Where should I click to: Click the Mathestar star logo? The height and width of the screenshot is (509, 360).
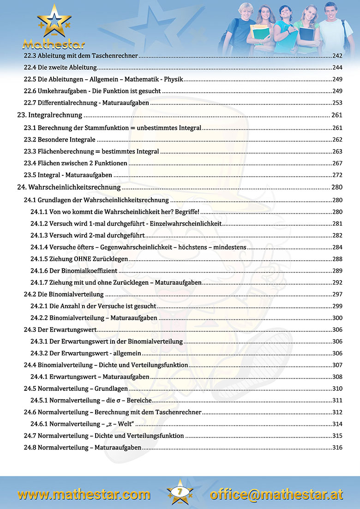pos(54,22)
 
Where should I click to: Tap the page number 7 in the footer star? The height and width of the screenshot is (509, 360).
pos(180,491)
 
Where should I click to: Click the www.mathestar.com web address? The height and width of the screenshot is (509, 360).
pos(84,495)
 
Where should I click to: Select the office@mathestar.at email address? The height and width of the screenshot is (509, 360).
pos(276,495)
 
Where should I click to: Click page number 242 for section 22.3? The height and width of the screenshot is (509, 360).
pos(337,56)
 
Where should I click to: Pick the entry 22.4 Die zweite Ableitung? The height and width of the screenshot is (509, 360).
pos(60,68)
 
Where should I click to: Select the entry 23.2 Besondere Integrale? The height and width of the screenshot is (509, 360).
pos(60,139)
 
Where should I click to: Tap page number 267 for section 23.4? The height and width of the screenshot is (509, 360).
pos(337,163)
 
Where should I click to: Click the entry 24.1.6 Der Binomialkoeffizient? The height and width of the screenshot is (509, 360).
pos(74,271)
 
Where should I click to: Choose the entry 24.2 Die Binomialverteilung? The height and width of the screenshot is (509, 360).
pos(64,294)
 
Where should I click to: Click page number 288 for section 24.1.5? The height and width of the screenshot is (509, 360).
pos(337,259)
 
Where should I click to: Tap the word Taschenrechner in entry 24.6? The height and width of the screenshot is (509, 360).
pos(179,412)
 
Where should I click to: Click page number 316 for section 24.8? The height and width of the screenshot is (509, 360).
pos(337,448)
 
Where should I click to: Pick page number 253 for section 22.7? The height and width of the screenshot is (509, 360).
pos(337,103)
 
